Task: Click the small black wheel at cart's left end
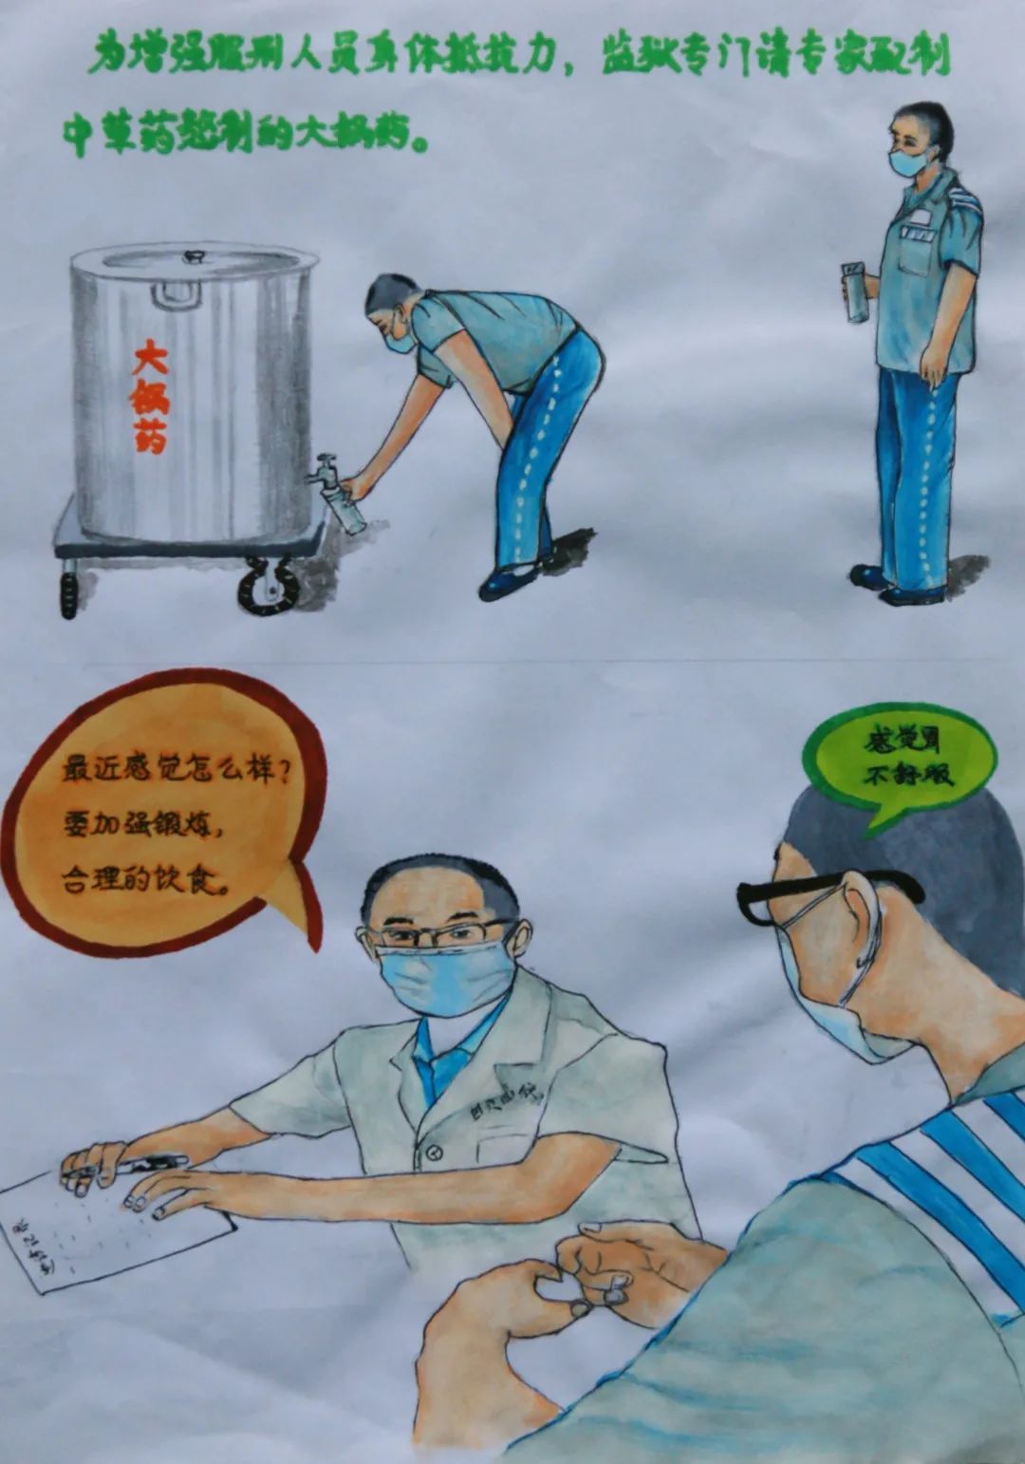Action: click(68, 591)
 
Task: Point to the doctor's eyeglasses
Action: click(441, 935)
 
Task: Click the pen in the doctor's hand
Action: click(142, 1164)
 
